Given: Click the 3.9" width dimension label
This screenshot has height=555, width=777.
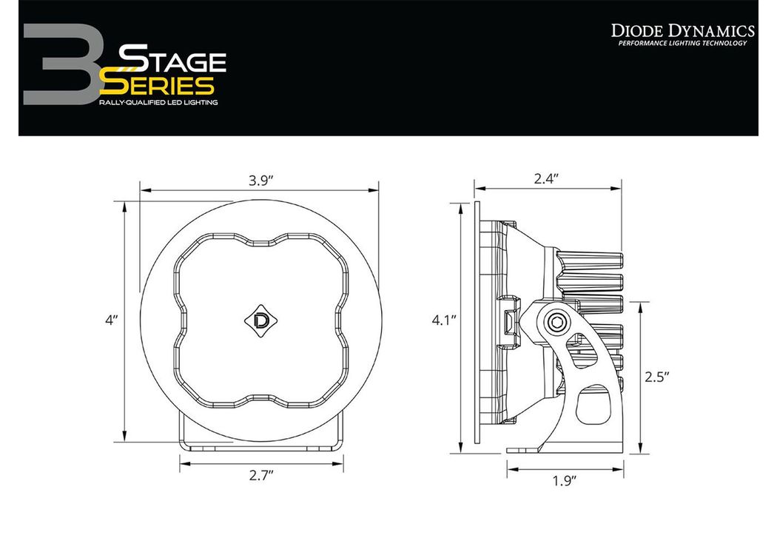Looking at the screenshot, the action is pyautogui.click(x=261, y=181).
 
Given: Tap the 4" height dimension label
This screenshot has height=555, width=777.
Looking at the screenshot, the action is pyautogui.click(x=112, y=320).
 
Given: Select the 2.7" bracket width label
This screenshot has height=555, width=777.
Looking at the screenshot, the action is pyautogui.click(x=261, y=476).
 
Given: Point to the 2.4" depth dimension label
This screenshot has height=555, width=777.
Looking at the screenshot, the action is pyautogui.click(x=546, y=178).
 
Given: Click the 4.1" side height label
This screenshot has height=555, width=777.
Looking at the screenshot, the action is pyautogui.click(x=443, y=320).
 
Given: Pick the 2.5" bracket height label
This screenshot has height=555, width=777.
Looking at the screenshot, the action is pyautogui.click(x=656, y=377).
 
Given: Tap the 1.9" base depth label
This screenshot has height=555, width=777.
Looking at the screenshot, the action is pyautogui.click(x=565, y=480).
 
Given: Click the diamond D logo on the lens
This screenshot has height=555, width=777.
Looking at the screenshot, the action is pyautogui.click(x=260, y=320).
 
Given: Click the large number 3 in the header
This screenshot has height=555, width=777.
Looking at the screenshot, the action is pyautogui.click(x=62, y=64).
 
